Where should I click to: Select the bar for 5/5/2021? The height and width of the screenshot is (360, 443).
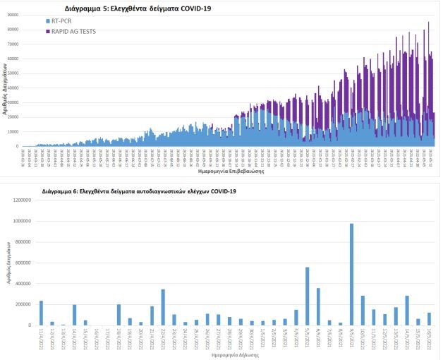(307, 296)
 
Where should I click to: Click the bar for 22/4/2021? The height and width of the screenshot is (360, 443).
(163, 307)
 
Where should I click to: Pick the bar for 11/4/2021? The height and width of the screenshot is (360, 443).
(41, 313)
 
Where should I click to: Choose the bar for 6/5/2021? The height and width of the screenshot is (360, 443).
(318, 306)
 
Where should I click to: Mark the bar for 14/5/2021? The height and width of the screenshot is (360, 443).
(407, 311)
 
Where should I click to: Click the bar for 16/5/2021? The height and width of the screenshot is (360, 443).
(429, 319)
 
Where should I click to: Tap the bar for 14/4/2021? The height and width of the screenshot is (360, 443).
(74, 315)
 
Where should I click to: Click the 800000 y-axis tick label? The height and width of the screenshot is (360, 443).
(25, 242)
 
